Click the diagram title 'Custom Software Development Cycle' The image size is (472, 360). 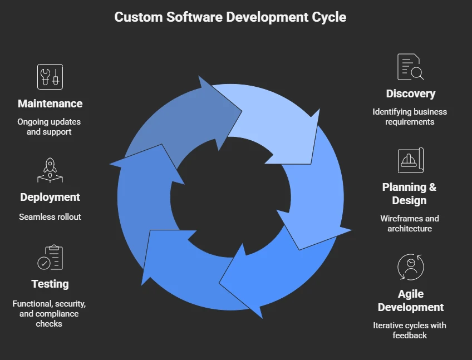pos(230,17)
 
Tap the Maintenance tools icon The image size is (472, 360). pos(50,77)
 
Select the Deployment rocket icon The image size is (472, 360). pos(50,170)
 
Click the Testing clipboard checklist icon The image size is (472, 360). pos(50,258)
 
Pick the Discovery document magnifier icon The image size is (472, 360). pos(410,67)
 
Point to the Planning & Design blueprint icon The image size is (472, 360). pos(410,161)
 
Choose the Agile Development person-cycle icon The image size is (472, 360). pos(410,267)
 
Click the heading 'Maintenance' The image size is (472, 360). pos(50,103)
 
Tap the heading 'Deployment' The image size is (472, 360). pos(50,197)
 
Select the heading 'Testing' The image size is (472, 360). pos(50,284)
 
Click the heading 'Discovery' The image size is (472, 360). pos(410,93)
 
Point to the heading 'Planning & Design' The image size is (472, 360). pos(409,194)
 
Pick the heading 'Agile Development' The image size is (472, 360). pos(410,300)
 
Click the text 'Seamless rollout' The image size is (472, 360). pos(50,216)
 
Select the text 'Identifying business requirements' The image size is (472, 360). pos(409,116)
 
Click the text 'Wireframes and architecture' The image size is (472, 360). pos(409,223)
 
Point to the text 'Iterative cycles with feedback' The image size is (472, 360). pos(409,330)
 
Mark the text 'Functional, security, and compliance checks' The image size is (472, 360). pos(49,313)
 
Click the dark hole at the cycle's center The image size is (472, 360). pos(230,196)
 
